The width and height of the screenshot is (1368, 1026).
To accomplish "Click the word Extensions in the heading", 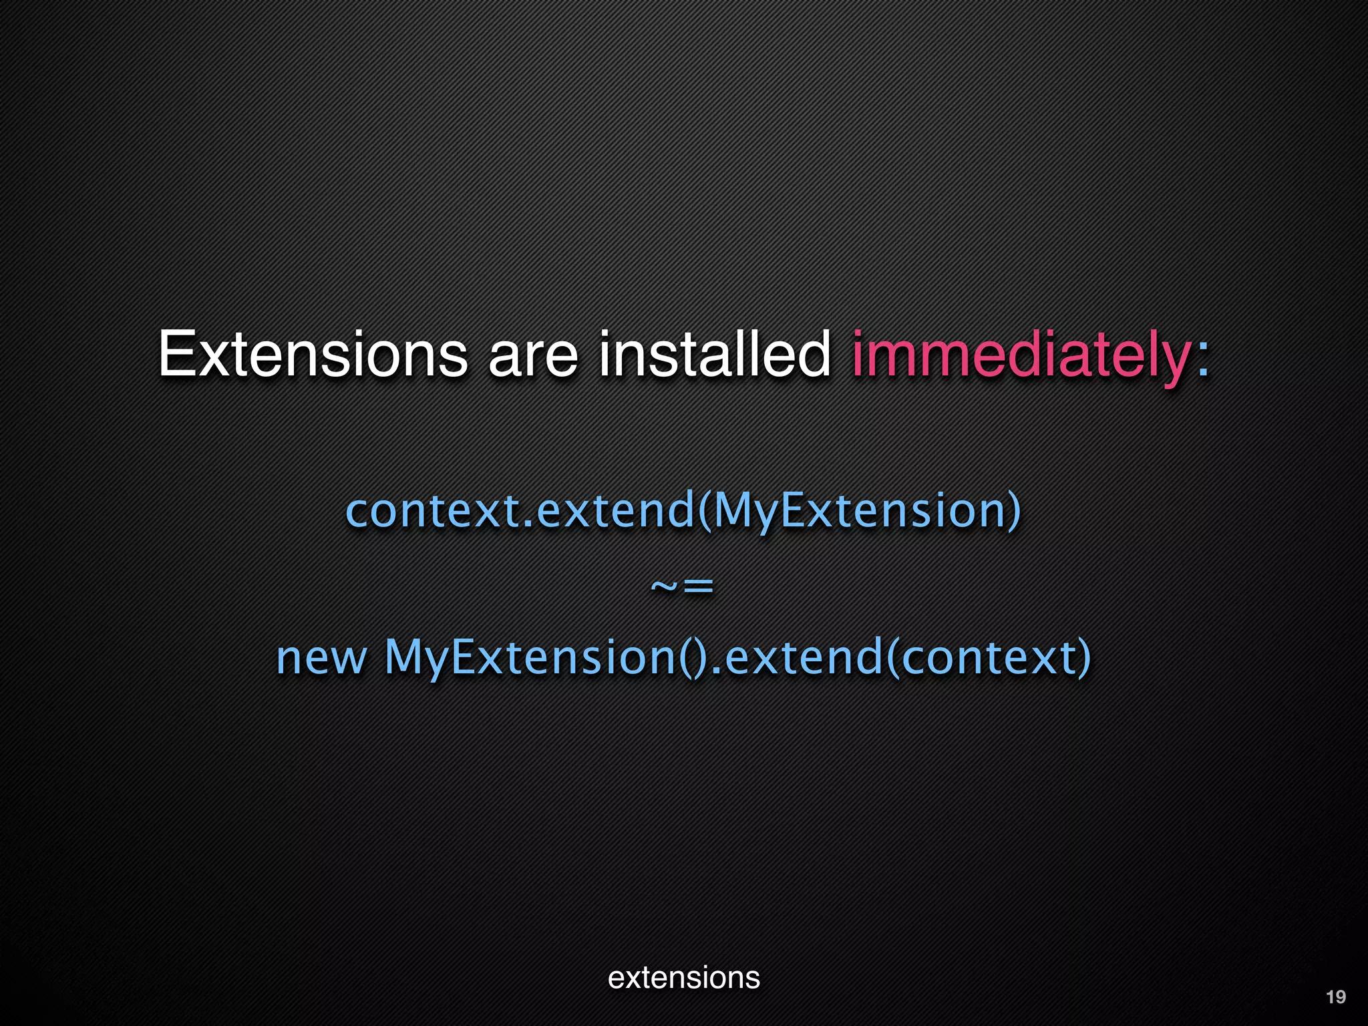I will tap(313, 354).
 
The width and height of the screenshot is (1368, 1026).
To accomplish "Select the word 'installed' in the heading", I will tap(714, 354).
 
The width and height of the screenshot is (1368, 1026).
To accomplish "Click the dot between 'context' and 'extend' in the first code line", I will tap(528, 525).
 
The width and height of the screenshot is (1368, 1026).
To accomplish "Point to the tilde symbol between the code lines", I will tap(665, 587).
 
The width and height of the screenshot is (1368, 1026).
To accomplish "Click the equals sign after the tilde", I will tap(698, 587).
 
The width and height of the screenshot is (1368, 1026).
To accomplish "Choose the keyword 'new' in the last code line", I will tap(321, 658).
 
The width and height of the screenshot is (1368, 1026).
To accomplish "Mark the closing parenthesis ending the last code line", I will tap(1084, 658).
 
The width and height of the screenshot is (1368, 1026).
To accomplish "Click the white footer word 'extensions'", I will tap(684, 978).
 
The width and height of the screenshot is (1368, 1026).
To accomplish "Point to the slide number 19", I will tap(1335, 997).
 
